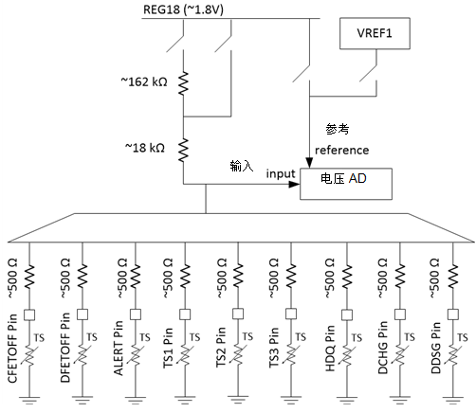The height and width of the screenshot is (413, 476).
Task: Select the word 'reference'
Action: (x=342, y=150)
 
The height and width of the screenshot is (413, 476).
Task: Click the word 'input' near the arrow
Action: (x=281, y=175)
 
